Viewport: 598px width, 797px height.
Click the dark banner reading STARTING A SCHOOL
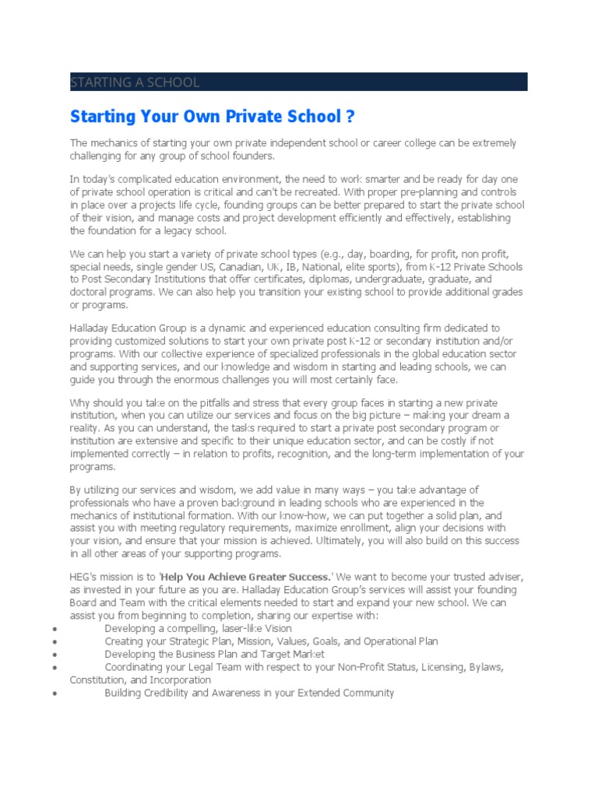(298, 82)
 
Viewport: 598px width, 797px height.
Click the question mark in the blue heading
(350, 117)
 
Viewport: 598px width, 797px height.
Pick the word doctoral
(91, 292)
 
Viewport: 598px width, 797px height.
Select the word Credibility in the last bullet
(170, 693)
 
